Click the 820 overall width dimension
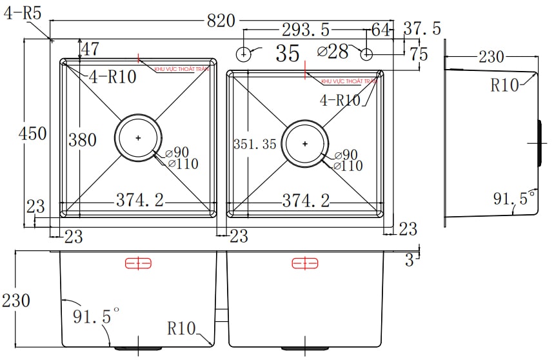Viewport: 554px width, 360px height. tap(221, 21)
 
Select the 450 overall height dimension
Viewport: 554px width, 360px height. tap(33, 134)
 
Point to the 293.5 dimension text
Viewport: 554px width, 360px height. tap(306, 30)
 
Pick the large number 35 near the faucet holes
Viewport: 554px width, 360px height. tap(288, 54)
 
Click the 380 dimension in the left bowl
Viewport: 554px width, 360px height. tap(83, 140)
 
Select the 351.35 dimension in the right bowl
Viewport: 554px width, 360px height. tap(255, 145)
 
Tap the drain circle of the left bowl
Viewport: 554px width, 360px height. tap(139, 137)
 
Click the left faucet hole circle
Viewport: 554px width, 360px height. tap(244, 53)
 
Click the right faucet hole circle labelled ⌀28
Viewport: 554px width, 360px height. tap(366, 52)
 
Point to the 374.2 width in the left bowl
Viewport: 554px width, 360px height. tap(139, 201)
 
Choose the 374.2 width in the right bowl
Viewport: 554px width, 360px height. tap(306, 201)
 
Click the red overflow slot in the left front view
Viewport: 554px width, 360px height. tap(137, 263)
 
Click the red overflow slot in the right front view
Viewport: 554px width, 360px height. tap(305, 263)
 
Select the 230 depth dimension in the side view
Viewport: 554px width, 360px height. tap(491, 57)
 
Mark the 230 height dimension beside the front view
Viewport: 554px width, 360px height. tap(16, 301)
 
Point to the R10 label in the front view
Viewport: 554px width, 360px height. tap(181, 328)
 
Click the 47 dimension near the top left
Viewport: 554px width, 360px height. tap(90, 49)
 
